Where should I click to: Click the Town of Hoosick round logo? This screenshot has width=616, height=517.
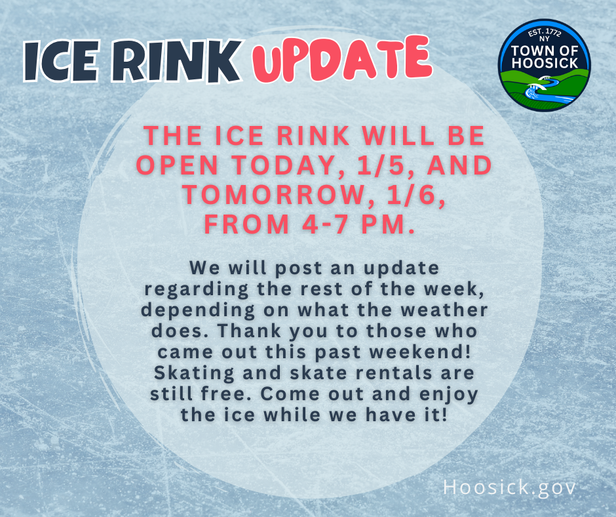[x=545, y=65]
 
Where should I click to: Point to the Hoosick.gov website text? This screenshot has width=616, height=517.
[x=510, y=487]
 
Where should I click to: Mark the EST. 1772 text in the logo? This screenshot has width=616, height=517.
[x=545, y=33]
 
